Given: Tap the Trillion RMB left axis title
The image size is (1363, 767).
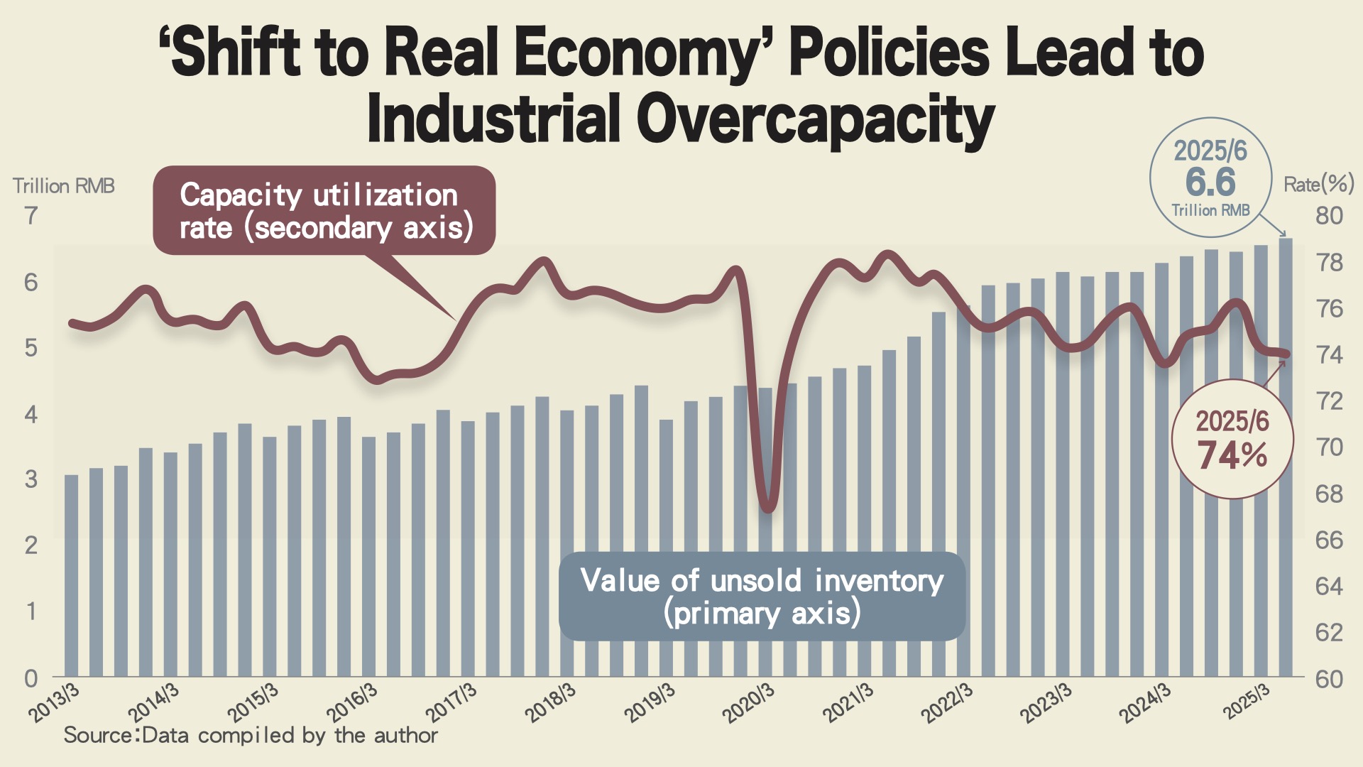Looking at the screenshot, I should tap(64, 186).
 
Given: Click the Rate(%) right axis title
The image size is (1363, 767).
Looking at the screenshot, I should tap(1318, 185).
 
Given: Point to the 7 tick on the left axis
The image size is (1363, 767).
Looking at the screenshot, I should tap(31, 215).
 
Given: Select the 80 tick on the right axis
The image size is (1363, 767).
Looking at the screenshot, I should tap(1329, 215).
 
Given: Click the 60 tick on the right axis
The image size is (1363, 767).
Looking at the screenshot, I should tap(1329, 679).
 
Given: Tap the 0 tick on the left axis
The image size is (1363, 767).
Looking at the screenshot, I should tap(31, 678).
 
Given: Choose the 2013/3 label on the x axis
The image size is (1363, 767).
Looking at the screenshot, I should tap(55, 702).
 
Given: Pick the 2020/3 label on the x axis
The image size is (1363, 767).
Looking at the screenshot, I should tap(748, 703).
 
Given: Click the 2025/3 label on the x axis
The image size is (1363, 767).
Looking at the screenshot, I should tap(1247, 703).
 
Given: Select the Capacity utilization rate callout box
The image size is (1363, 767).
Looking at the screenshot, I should tap(324, 211).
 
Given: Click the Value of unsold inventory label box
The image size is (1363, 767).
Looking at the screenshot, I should tap(762, 597).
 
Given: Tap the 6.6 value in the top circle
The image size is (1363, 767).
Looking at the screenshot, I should tap(1210, 183).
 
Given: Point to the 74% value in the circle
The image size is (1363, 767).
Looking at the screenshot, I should tap(1232, 455).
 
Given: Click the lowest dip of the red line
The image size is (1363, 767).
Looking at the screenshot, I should tap(768, 507).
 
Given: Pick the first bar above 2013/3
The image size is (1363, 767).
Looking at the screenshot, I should tap(72, 575).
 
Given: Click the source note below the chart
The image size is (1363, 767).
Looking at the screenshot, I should tap(251, 735).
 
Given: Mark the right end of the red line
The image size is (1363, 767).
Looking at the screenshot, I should tap(1286, 354).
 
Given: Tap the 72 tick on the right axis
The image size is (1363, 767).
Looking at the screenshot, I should tap(1329, 401).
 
